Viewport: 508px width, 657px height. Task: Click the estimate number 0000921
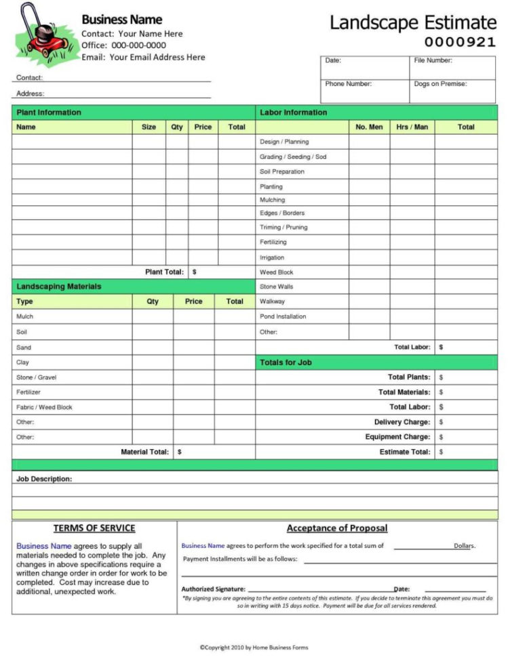460,42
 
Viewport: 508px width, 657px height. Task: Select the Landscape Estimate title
412,22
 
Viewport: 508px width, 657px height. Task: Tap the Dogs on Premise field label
441,84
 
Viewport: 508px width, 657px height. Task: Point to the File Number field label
433,61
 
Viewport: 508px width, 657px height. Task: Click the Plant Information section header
48,112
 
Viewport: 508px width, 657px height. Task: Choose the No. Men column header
369,127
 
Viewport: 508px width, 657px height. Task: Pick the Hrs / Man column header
412,127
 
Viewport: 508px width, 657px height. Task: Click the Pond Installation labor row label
283,316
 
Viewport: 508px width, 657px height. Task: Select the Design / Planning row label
284,142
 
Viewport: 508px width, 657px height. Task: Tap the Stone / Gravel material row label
36,377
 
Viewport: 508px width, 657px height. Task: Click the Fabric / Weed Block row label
44,407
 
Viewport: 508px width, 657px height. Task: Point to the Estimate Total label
404,452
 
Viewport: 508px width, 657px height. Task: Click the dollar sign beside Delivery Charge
441,422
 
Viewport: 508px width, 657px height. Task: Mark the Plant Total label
164,272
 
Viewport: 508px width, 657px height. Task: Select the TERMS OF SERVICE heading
94,528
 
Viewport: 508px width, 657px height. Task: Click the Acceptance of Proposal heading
337,528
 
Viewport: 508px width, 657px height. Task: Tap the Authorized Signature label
213,589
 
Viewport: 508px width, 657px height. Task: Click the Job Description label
43,479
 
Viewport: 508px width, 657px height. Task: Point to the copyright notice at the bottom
253,648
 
